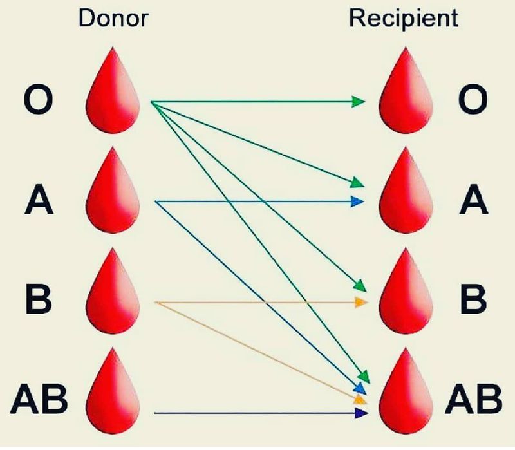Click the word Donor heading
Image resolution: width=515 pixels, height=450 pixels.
pyautogui.click(x=113, y=18)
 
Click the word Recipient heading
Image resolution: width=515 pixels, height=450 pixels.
pyautogui.click(x=404, y=18)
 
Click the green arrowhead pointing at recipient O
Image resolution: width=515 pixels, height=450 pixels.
pyautogui.click(x=359, y=102)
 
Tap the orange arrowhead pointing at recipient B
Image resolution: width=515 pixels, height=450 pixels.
pyautogui.click(x=361, y=301)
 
